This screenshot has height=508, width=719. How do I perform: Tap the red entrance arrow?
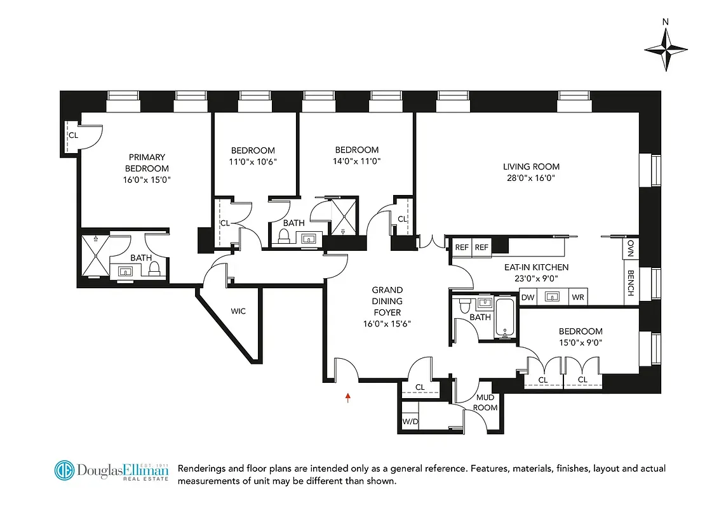coord(347,398)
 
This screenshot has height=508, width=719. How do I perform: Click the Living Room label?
coord(531,167)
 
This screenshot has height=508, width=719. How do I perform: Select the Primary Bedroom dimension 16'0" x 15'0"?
coord(147,180)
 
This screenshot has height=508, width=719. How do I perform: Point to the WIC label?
coord(238,311)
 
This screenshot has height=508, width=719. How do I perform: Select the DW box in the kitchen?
coord(527,297)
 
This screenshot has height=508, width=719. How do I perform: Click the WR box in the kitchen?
coord(577,297)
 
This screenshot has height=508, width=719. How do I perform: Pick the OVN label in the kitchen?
coord(631,248)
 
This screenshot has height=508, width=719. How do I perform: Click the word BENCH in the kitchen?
coord(631,283)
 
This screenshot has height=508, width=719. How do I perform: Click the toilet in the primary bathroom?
coord(153,270)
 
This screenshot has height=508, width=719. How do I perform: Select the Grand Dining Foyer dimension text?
coord(387,323)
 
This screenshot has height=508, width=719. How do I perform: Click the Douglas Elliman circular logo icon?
coord(65,471)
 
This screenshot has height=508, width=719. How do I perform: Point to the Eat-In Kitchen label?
coord(537,267)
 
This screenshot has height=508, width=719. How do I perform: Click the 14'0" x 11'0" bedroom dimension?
coord(357,161)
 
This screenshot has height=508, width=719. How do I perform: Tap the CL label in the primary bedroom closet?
coord(74,135)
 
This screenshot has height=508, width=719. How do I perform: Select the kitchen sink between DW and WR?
coord(552,297)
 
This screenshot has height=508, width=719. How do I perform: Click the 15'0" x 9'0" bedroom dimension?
coord(581,343)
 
